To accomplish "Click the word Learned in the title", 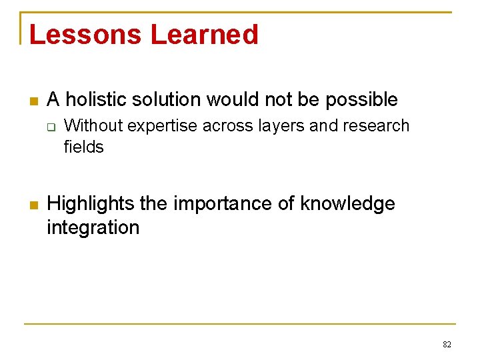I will (204, 35).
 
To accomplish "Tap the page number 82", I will (447, 345).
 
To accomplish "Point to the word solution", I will (169, 100).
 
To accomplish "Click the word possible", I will (361, 100).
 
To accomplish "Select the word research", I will (376, 125).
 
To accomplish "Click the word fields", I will (84, 147).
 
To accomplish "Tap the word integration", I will (93, 227).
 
